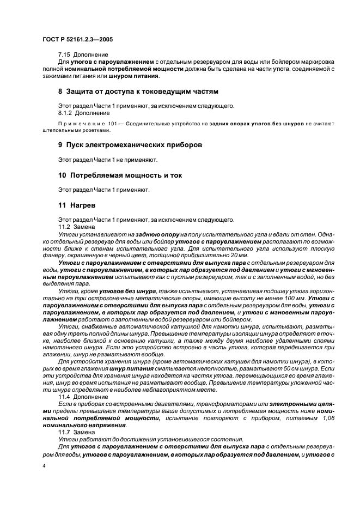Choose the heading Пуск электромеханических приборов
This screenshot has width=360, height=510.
(x=135, y=146)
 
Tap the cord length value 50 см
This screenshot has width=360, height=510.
(x=289, y=367)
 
